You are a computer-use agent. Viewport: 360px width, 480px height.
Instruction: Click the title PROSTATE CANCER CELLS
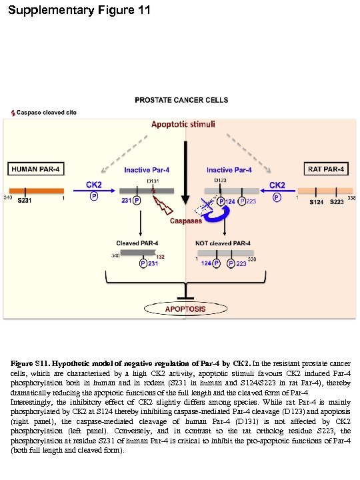(x=181, y=100)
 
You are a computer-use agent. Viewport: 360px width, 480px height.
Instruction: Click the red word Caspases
(x=186, y=221)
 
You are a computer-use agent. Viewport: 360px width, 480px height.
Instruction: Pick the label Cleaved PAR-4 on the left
(x=137, y=243)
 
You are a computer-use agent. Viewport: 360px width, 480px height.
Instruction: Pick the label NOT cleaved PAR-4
(x=223, y=243)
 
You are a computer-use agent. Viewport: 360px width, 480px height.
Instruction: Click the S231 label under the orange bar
(x=25, y=201)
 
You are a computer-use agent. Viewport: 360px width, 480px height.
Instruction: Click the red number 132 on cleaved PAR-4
(x=160, y=257)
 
